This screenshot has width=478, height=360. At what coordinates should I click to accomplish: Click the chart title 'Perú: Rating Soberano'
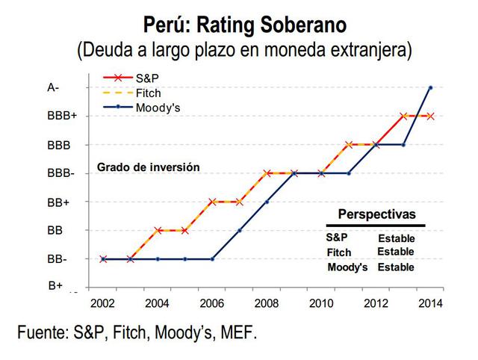pyautogui.click(x=245, y=24)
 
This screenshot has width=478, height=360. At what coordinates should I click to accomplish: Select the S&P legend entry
pyautogui.click(x=147, y=78)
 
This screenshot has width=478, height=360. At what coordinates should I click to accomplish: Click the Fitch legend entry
pyautogui.click(x=149, y=93)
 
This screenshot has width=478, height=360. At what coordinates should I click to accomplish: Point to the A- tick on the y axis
pyautogui.click(x=53, y=87)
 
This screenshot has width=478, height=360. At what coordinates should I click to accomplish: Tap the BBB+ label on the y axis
pyautogui.click(x=58, y=116)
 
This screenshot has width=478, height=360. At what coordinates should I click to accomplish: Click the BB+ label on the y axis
pyautogui.click(x=58, y=202)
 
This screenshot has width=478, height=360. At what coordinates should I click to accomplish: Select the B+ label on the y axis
pyautogui.click(x=55, y=285)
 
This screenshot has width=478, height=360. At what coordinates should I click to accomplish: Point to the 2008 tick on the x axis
pyautogui.click(x=267, y=303)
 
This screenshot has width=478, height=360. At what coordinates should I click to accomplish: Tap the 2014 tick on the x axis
pyautogui.click(x=431, y=303)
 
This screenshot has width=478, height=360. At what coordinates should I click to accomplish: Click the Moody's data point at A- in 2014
pyautogui.click(x=431, y=87)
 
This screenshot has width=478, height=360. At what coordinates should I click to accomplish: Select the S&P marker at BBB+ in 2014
pyautogui.click(x=431, y=116)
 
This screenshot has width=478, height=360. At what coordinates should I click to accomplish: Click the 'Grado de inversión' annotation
pyautogui.click(x=148, y=168)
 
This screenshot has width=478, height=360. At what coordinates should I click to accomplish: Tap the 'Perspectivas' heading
pyautogui.click(x=376, y=214)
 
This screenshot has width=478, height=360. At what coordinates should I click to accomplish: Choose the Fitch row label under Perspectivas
pyautogui.click(x=339, y=252)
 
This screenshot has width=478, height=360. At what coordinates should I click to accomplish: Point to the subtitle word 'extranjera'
pyautogui.click(x=371, y=51)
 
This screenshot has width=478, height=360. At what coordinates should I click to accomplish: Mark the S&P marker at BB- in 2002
pyautogui.click(x=103, y=259)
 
